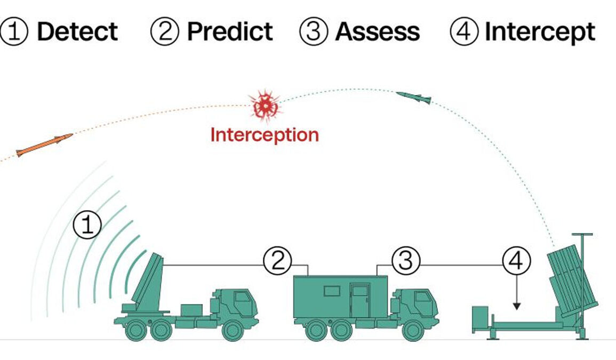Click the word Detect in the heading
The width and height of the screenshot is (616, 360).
pos(77,32)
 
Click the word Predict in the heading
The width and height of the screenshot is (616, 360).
pos(230,32)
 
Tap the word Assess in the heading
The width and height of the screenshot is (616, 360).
pos(377,32)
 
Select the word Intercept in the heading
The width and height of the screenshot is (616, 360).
pos(540,32)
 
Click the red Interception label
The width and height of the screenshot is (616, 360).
pos(265,134)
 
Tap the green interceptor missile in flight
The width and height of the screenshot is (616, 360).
pos(414,97)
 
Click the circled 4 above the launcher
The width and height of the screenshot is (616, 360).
pos(516,261)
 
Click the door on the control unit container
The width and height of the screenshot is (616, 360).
pos(359,301)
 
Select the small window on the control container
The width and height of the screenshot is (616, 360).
pos(332,291)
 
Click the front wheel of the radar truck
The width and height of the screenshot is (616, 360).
pos(233,330)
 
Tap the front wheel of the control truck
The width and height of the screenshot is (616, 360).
pos(413,330)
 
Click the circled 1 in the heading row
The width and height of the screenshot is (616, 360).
pos(15,32)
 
